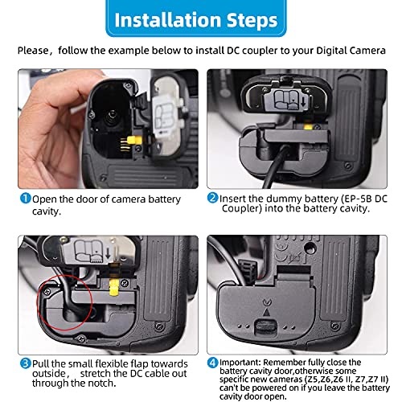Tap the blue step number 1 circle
pos(25,198)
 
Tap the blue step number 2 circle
pos(213,198)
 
